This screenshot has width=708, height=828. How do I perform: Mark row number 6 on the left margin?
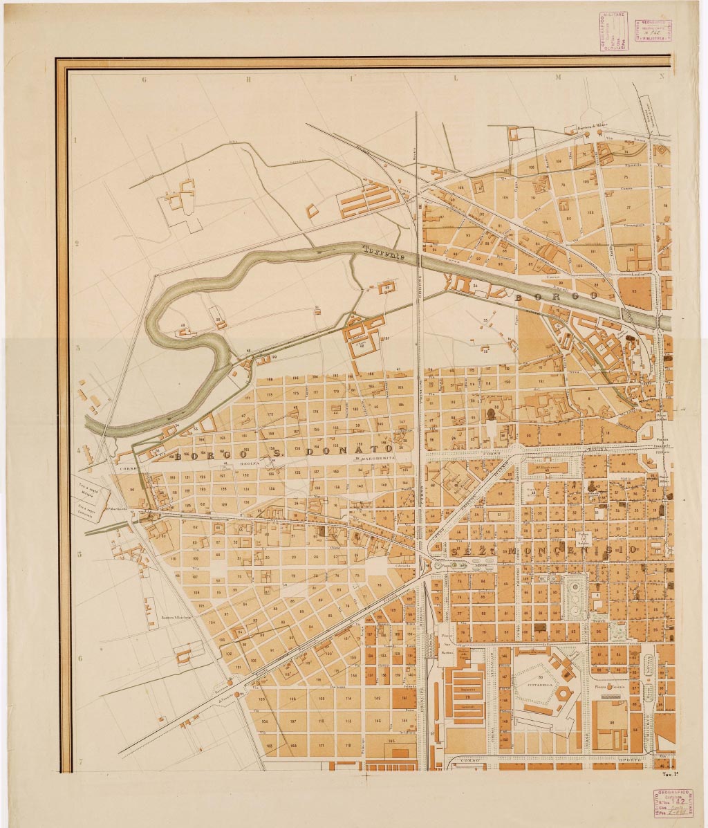(x=80, y=659)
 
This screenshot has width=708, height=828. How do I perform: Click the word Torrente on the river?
(x=382, y=252)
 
